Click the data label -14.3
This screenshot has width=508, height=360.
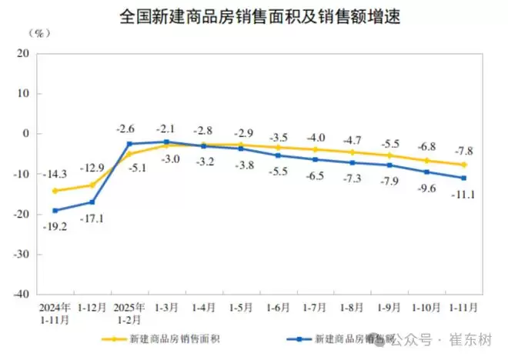(x=55, y=174)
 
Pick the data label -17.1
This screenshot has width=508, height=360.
(x=95, y=218)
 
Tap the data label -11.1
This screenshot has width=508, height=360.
(x=462, y=194)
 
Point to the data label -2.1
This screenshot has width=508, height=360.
(x=166, y=128)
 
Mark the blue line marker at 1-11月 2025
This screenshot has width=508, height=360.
(x=463, y=178)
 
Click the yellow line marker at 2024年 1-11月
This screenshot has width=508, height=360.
(x=55, y=191)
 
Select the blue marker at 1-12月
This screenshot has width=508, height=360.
(x=92, y=202)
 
